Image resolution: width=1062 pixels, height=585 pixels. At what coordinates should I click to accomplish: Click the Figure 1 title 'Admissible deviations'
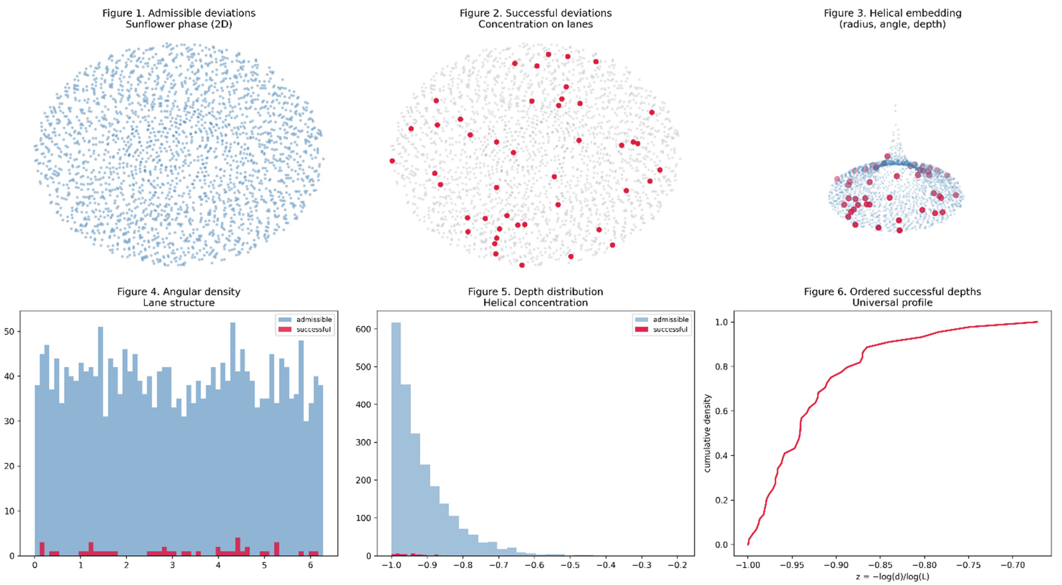click(x=202, y=13)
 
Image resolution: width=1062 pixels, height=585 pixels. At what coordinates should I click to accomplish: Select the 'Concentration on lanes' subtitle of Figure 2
click(x=535, y=24)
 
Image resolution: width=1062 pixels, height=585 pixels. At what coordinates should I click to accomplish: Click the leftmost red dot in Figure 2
click(x=392, y=161)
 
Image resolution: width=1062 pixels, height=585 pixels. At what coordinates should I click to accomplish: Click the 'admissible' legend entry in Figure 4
click(x=305, y=319)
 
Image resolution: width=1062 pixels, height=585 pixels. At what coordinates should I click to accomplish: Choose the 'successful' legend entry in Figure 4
click(x=305, y=329)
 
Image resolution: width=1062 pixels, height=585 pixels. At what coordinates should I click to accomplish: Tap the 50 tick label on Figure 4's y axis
click(x=9, y=331)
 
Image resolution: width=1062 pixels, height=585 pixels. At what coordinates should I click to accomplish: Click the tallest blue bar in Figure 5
click(x=396, y=439)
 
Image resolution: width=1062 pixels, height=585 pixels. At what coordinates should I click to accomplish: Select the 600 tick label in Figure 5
click(x=364, y=329)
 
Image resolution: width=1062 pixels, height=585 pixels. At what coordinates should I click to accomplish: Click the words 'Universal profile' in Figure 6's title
click(x=893, y=303)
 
